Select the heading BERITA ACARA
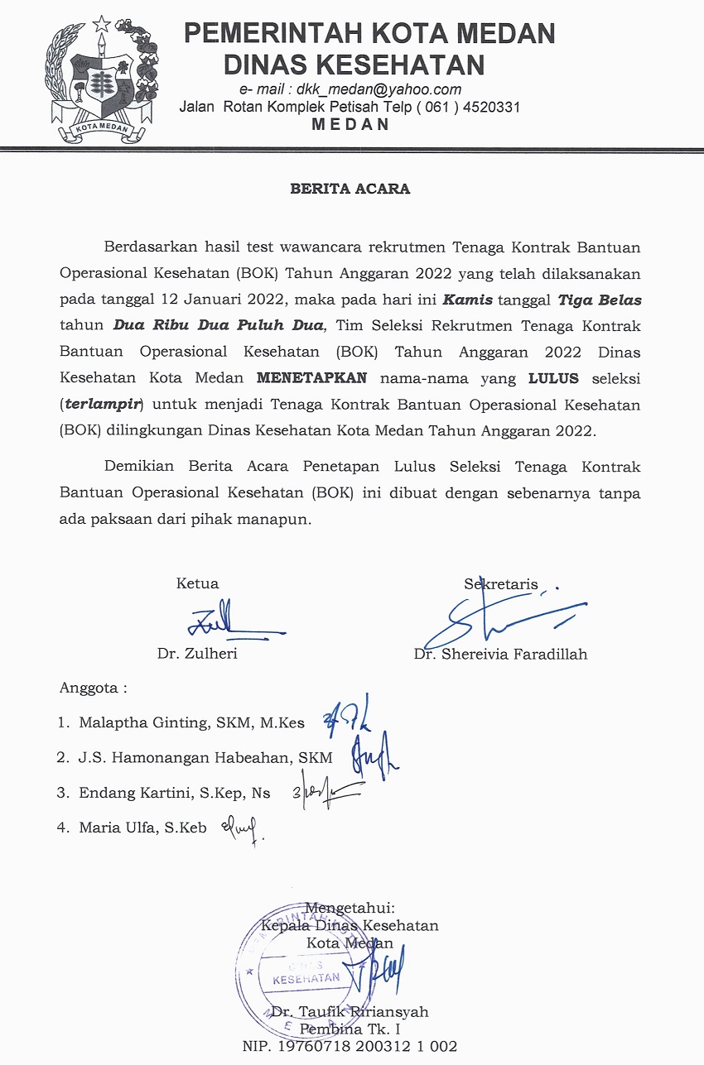[x=350, y=189]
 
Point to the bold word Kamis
[x=468, y=298]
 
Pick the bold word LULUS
[x=553, y=378]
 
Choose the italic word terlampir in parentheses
[x=104, y=405]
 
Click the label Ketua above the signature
[x=198, y=583]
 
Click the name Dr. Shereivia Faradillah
[x=500, y=655]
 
